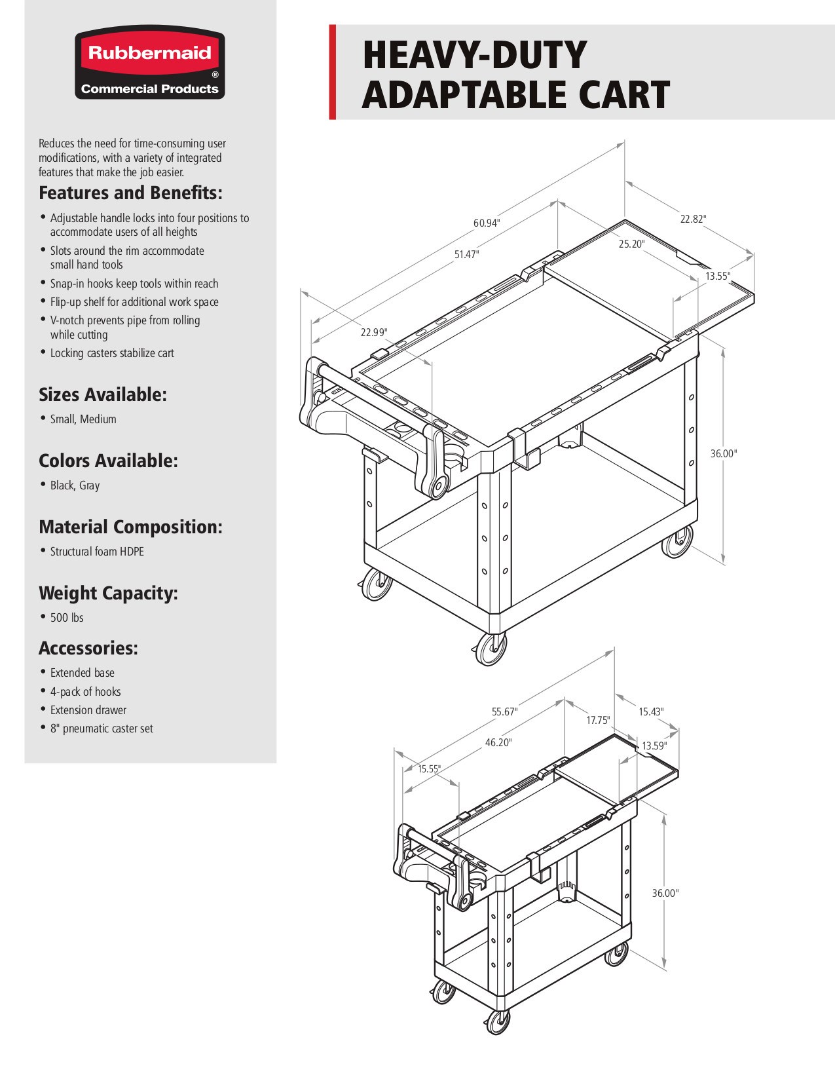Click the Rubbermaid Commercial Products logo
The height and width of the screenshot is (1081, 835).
[x=149, y=64]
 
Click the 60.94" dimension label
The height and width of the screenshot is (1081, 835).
[x=487, y=223]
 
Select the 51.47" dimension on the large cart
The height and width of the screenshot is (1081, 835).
[x=467, y=254]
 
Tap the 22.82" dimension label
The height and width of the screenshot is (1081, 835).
[x=693, y=219]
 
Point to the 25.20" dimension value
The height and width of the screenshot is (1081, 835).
[x=631, y=244]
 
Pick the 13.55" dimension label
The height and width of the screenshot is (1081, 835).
[x=718, y=276]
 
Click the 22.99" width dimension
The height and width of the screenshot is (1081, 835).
[x=374, y=332]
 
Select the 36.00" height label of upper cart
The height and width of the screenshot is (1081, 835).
[x=724, y=453]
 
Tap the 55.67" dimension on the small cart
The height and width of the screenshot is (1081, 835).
[x=505, y=711]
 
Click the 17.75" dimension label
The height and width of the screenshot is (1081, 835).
[x=598, y=720]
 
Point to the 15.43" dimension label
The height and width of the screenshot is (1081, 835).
[x=651, y=711]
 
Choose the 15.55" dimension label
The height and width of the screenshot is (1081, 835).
[x=430, y=768]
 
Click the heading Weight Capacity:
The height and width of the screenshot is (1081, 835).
[x=108, y=593]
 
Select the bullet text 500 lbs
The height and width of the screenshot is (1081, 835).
[x=67, y=617]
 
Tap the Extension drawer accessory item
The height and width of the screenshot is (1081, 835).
[x=88, y=710]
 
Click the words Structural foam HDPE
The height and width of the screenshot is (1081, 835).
[x=97, y=551]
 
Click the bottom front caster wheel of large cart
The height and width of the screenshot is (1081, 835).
[x=491, y=649]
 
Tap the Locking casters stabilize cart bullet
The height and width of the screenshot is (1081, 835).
[x=112, y=352]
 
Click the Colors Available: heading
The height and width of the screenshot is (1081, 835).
[x=108, y=461]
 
